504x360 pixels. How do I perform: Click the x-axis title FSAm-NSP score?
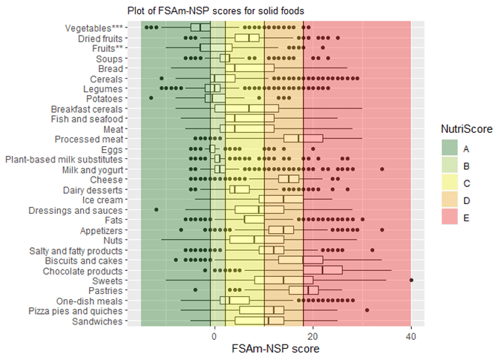point(275,348)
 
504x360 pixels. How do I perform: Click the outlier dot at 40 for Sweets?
point(411,280)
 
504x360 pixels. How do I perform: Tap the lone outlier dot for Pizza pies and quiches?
point(367,310)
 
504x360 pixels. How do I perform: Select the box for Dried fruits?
point(247,38)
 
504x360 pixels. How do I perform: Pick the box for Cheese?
point(289,179)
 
